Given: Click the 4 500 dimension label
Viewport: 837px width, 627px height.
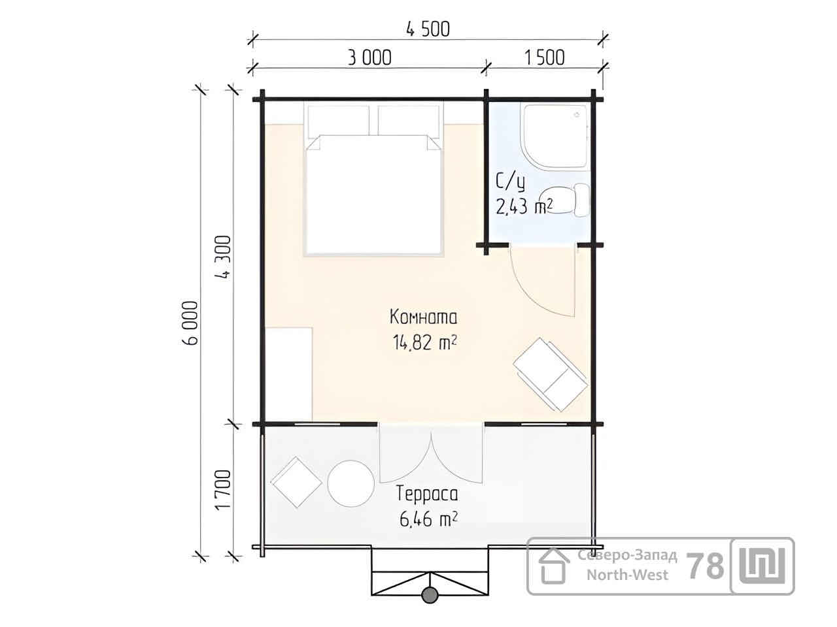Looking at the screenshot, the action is click(x=428, y=29).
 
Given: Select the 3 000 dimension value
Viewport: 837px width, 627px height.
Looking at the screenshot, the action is click(x=369, y=58).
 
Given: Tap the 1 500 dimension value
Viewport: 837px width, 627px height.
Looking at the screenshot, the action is click(x=544, y=58).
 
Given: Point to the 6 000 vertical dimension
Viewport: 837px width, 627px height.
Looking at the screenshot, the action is click(x=190, y=323).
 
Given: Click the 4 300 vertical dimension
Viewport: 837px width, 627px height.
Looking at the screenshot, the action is click(x=223, y=257).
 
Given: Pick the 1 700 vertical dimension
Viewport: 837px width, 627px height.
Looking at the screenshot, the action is click(x=223, y=490).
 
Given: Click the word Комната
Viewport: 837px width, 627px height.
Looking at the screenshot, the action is click(x=423, y=317).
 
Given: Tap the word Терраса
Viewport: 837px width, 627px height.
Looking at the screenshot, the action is click(x=427, y=494).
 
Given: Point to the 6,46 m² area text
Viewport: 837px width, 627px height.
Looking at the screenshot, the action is click(x=428, y=519).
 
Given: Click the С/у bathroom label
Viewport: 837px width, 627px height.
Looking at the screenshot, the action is click(x=510, y=182).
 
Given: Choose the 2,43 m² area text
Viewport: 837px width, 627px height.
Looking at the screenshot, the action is click(x=524, y=207).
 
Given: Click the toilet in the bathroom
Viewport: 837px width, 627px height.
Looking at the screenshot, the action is click(x=566, y=201).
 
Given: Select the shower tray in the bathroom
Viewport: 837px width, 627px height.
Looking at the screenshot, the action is click(x=556, y=137).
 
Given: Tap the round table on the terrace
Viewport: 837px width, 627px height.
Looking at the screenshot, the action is click(x=350, y=483).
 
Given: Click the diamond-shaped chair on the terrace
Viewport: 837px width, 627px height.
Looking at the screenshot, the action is click(x=296, y=483).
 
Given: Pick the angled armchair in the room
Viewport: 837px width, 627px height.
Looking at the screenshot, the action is click(x=550, y=375).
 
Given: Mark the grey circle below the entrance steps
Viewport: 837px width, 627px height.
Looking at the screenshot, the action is click(x=430, y=594).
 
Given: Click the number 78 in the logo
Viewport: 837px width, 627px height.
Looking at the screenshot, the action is click(x=705, y=566).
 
